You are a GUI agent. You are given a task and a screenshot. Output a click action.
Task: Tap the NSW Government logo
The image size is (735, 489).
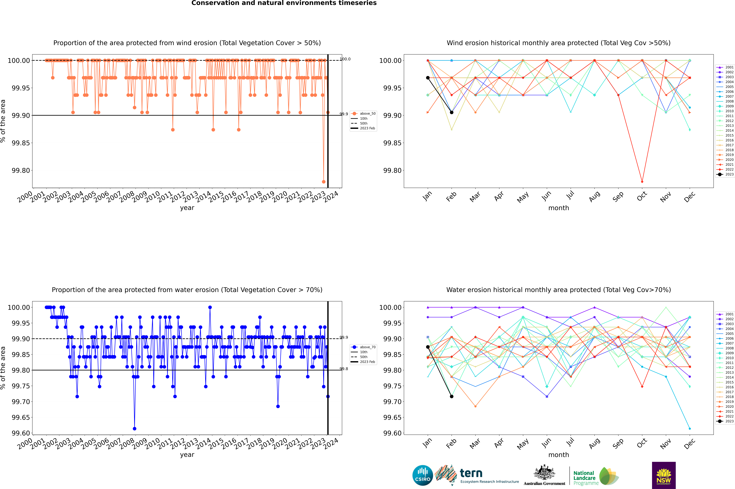click(664, 475)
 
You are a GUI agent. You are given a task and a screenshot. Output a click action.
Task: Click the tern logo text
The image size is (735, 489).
click(471, 473)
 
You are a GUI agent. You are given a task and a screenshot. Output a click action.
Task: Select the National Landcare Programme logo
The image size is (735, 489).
click(596, 476)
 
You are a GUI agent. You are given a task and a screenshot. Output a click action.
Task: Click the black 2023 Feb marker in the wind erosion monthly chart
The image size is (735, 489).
click(451, 112)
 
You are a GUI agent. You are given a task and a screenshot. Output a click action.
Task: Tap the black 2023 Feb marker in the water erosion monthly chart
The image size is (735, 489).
click(451, 396)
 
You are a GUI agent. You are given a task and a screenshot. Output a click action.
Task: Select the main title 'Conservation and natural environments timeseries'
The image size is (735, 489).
click(284, 3)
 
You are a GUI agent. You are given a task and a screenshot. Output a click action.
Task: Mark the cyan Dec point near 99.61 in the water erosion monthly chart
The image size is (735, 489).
click(690, 428)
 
